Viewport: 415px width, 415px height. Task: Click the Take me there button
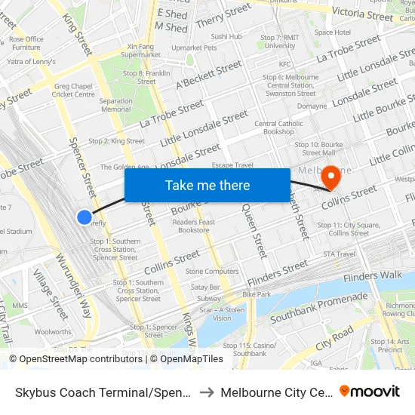click(207, 185)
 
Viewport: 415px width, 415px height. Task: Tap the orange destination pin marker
click(330, 178)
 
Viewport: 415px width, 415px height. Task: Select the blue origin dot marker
click(85, 217)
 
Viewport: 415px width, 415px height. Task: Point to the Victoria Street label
click(363, 14)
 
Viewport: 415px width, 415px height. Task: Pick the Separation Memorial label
click(115, 105)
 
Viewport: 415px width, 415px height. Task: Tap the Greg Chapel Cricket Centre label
click(74, 90)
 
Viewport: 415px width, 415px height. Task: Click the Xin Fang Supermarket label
click(140, 51)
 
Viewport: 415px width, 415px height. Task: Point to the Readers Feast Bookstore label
click(194, 226)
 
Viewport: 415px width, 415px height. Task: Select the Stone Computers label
click(212, 271)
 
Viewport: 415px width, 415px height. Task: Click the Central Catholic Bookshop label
click(278, 128)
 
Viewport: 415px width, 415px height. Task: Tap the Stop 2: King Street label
click(116, 141)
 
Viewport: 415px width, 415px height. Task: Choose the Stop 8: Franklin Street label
click(146, 76)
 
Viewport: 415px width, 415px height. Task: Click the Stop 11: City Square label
click(343, 229)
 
